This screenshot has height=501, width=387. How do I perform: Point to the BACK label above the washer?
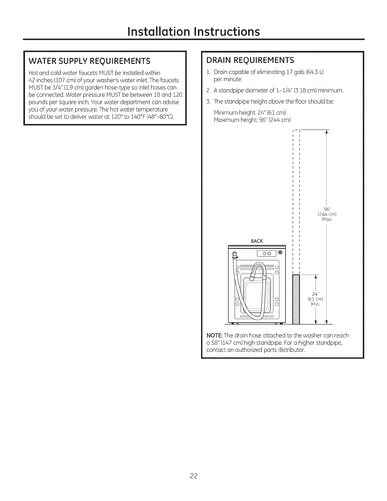(257, 241)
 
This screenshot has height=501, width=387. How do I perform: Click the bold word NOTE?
(214, 335)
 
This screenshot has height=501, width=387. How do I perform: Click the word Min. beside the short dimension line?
(315, 304)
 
